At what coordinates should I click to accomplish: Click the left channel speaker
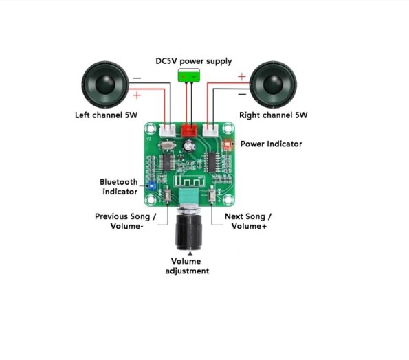coord(105,85)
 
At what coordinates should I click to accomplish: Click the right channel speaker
coord(273,85)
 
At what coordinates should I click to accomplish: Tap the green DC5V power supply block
coord(189,76)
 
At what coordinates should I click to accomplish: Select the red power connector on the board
coord(189,131)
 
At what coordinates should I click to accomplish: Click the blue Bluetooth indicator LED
coord(151,186)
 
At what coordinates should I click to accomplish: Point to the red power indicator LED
coord(228,144)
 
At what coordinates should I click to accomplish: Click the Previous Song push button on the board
coord(167,195)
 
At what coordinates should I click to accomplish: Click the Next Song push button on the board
coord(212,196)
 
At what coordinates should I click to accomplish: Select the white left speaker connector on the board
coord(168,130)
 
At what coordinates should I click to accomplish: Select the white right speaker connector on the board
coord(210,130)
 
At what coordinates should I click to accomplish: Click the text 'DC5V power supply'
coord(194,61)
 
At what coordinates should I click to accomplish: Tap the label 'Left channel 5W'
coord(106,115)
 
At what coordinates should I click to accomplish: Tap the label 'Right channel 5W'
coord(274,115)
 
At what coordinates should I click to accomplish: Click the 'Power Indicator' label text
coord(272,144)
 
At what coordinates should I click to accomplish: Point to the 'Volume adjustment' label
coord(187,266)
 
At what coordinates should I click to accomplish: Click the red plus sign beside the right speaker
coord(242,77)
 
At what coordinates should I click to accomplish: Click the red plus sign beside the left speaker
coord(137,95)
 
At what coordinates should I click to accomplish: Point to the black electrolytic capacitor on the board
coord(189,146)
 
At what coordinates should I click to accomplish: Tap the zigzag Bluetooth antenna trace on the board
coord(189,181)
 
